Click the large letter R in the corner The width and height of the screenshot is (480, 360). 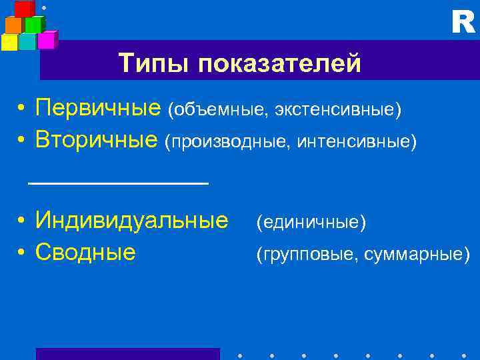463,23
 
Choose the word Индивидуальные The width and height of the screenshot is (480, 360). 131,220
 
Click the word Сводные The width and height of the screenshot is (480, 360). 86,252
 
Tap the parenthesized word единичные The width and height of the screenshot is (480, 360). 311,222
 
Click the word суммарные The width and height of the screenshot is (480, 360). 417,254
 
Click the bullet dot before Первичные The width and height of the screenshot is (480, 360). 22,109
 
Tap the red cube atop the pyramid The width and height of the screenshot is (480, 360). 25,9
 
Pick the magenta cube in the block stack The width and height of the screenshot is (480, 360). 47,41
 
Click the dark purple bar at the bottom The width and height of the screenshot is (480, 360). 127,353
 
